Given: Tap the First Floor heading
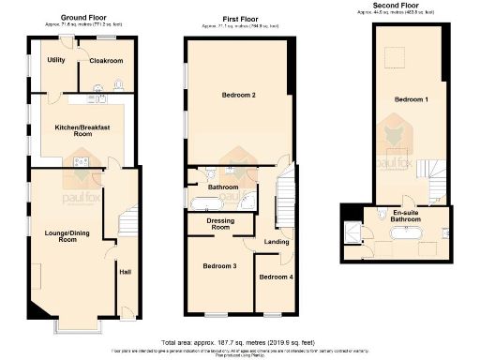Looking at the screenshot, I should click(236, 18).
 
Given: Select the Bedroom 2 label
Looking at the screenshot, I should click(239, 96).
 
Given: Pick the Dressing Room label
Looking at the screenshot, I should click(220, 223).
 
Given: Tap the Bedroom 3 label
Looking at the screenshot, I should click(219, 267).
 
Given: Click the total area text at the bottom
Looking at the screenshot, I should click(240, 343).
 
